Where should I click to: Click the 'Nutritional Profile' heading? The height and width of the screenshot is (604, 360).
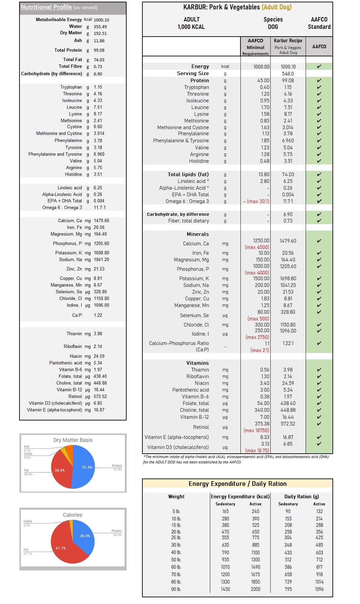pyautogui.click(x=46, y=7)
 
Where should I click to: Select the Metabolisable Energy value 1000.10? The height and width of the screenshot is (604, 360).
pyautogui.click(x=101, y=20)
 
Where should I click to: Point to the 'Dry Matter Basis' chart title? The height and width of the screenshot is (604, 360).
pyautogui.click(x=73, y=440)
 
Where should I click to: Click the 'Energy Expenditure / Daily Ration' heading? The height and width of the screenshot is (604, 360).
pyautogui.click(x=237, y=484)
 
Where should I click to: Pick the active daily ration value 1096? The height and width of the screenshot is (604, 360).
pyautogui.click(x=319, y=589)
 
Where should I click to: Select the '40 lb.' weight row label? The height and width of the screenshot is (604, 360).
pyautogui.click(x=176, y=552)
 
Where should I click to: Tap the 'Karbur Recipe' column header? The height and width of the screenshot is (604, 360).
pyautogui.click(x=288, y=41)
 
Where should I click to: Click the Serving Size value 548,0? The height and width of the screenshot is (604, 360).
pyautogui.click(x=288, y=73)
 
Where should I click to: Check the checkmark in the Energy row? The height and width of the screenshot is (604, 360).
pyautogui.click(x=319, y=66)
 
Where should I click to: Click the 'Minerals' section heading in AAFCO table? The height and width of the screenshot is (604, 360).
pyautogui.click(x=197, y=234)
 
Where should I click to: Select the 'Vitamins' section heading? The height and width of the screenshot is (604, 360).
pyautogui.click(x=197, y=363)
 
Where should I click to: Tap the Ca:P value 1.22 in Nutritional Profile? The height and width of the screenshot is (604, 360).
pyautogui.click(x=98, y=315)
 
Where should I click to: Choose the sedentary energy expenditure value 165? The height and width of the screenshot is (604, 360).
pyautogui.click(x=225, y=511)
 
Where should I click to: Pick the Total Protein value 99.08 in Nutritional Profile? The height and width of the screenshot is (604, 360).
pyautogui.click(x=99, y=50)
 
